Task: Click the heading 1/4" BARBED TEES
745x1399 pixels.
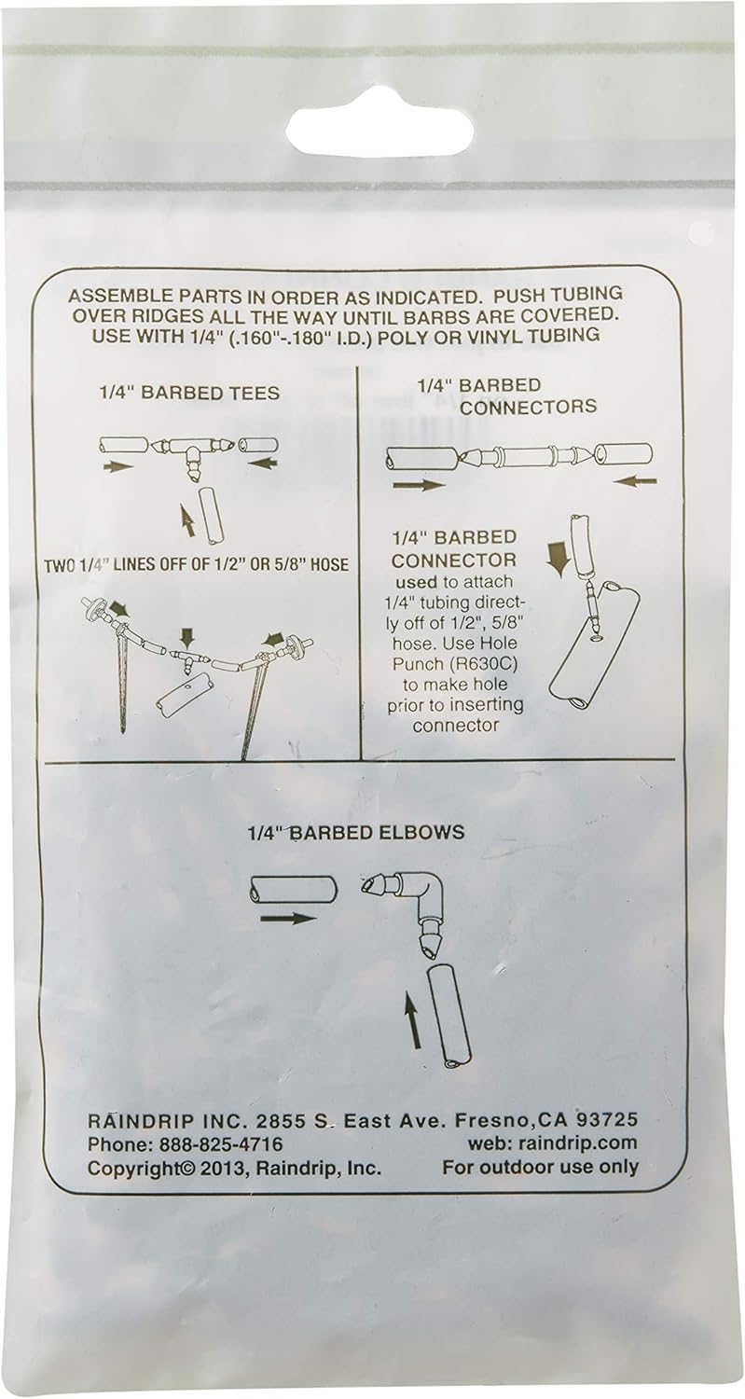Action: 189,393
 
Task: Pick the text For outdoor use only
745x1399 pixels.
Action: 540,1168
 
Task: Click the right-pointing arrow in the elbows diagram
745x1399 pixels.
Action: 288,918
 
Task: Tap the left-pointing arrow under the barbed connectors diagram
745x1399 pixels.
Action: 636,481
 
